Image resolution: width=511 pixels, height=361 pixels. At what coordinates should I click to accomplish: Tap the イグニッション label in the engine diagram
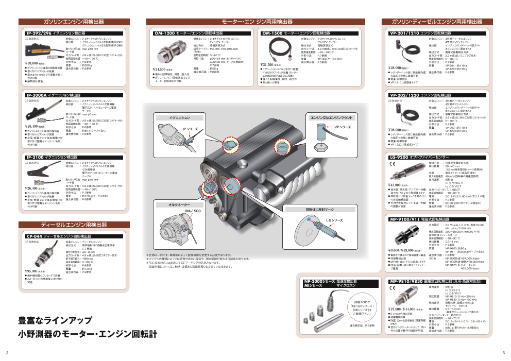pos(180,118)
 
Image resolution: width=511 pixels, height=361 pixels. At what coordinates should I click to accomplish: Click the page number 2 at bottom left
pos(7,353)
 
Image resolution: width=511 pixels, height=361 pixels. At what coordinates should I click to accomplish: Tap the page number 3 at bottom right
pos(503,353)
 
